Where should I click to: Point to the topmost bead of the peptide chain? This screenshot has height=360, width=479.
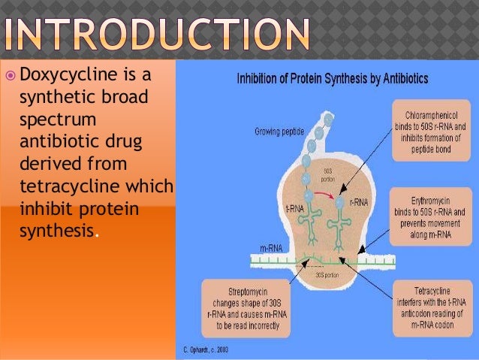327,118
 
